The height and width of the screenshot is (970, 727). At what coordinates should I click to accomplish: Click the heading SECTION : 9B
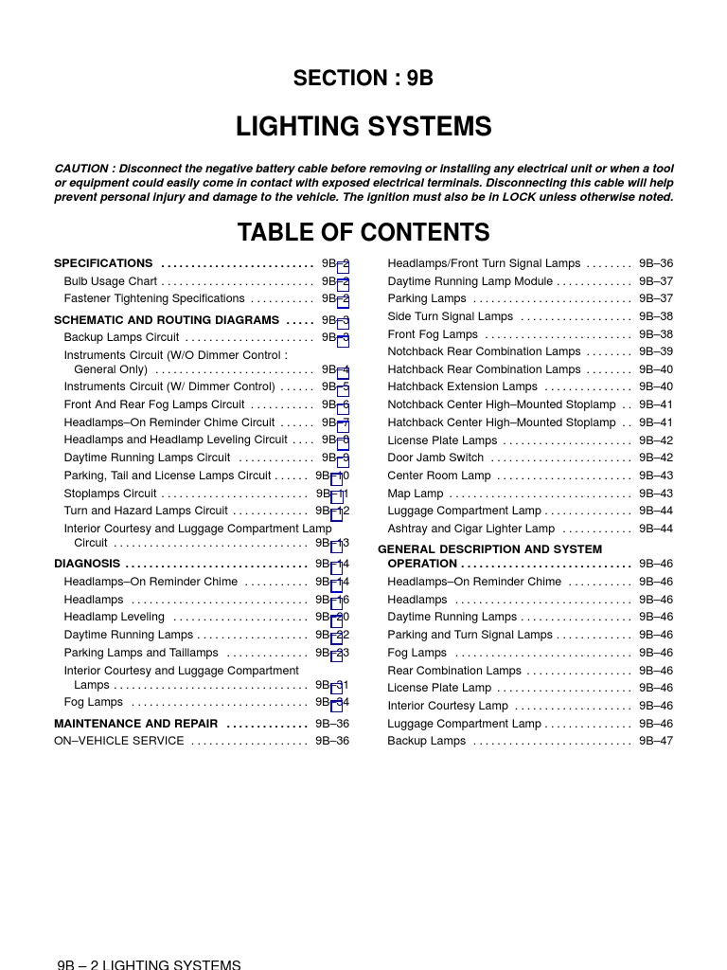[x=363, y=79]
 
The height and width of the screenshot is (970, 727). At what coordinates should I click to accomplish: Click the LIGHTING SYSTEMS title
[x=363, y=127]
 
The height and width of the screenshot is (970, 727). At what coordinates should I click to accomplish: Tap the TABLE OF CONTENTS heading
[x=363, y=233]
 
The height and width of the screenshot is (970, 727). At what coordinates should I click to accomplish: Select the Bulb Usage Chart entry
[x=111, y=281]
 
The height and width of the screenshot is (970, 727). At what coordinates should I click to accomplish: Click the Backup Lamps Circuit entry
[x=121, y=337]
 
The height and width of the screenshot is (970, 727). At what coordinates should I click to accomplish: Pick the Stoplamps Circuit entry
[x=111, y=494]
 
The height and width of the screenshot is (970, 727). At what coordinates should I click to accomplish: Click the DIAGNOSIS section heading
[x=87, y=564]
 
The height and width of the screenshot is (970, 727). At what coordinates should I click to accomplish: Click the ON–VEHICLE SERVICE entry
[x=119, y=741]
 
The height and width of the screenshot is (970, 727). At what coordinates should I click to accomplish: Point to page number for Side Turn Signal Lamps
[x=656, y=316]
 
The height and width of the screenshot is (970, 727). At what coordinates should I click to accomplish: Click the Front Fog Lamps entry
[x=433, y=334]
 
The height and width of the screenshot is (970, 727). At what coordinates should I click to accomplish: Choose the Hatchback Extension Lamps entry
[x=462, y=386]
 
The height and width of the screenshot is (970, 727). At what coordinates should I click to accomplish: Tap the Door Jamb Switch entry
[x=435, y=458]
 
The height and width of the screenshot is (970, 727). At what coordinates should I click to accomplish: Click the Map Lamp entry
[x=416, y=494]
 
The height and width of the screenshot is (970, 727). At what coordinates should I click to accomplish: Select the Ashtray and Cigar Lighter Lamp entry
[x=471, y=529]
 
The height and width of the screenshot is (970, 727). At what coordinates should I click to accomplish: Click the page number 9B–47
[x=656, y=741]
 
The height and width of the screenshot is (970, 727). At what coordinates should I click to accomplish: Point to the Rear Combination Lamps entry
[x=454, y=671]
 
